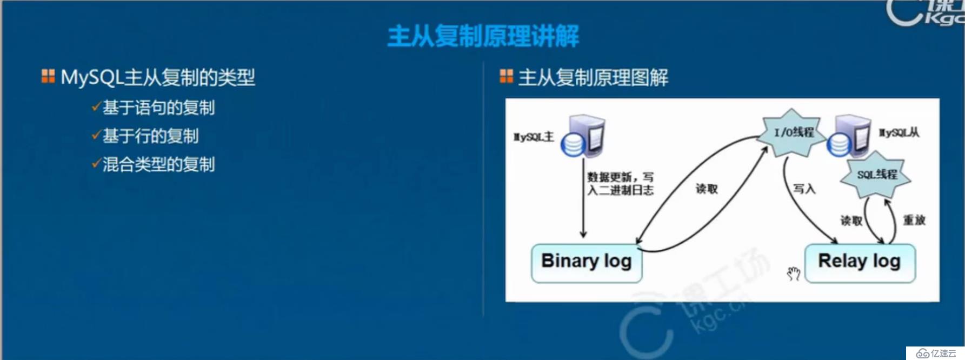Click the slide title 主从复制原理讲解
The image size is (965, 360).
click(483, 36)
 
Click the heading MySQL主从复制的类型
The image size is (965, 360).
click(157, 77)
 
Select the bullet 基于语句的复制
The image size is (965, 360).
click(158, 108)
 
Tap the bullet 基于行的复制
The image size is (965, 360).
click(150, 136)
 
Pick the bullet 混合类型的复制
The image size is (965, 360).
click(158, 164)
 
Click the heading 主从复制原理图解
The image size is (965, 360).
click(593, 77)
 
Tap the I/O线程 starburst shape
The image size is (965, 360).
click(793, 133)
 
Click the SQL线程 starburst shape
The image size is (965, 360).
click(876, 175)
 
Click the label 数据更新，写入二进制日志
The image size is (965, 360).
click(620, 184)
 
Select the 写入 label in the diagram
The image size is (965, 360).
click(804, 189)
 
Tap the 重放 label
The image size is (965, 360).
click(914, 220)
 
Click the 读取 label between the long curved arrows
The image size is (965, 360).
click(707, 189)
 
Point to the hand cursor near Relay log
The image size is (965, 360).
click(793, 274)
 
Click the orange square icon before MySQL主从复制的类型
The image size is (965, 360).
click(48, 76)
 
